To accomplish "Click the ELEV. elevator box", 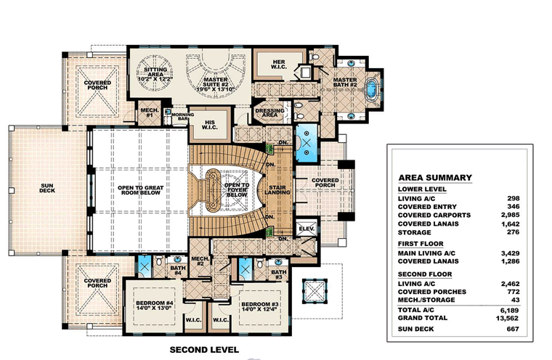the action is (x=307, y=229).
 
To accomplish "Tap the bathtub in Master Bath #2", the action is (x=370, y=89).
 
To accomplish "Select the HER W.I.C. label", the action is (x=278, y=65).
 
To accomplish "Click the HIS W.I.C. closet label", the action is (x=209, y=125).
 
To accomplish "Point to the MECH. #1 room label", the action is (x=150, y=112).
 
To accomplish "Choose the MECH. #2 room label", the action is (x=200, y=261).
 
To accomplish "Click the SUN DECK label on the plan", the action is (x=47, y=188).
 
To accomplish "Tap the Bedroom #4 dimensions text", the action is (x=153, y=308).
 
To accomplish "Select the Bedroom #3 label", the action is (x=260, y=304).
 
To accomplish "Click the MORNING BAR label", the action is (x=183, y=117).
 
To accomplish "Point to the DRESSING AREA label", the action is (x=270, y=112).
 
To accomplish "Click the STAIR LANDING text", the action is (x=277, y=190).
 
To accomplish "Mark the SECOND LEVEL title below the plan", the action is (x=204, y=350).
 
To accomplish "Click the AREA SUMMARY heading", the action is (x=435, y=178).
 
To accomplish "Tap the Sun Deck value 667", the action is (x=513, y=329).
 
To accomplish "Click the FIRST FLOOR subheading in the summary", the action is (x=421, y=244).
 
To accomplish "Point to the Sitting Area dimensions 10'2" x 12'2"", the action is (x=155, y=79).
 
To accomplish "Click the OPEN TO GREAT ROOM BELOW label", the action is (x=140, y=190).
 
